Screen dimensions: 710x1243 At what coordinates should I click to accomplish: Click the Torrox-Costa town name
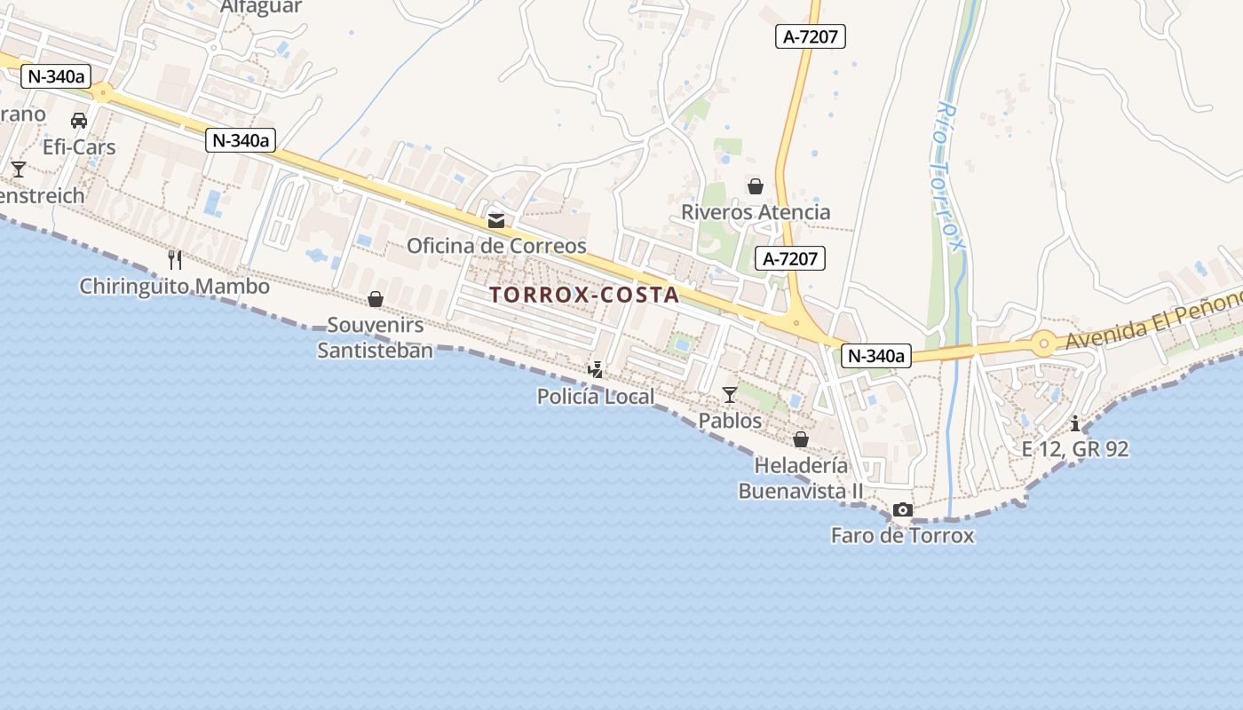(584, 295)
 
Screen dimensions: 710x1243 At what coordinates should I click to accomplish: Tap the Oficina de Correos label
(496, 246)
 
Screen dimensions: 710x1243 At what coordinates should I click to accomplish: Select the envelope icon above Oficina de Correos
(496, 221)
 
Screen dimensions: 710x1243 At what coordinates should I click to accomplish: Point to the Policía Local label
(596, 396)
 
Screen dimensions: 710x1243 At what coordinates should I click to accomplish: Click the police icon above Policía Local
(596, 369)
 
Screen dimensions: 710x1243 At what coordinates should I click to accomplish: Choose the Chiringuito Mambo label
(175, 287)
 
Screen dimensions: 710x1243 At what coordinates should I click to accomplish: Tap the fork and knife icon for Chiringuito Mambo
(175, 259)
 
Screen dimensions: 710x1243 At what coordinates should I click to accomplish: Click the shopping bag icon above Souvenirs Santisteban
(376, 299)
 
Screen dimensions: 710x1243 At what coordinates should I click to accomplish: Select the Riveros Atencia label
(756, 212)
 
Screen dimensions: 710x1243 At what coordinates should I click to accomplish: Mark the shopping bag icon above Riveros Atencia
(756, 186)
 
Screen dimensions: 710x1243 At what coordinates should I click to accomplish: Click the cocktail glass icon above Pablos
(730, 394)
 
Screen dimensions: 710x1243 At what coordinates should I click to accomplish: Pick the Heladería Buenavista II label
(801, 477)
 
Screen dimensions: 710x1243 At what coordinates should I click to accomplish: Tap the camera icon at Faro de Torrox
(903, 509)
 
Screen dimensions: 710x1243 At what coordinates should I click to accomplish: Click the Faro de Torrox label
(903, 535)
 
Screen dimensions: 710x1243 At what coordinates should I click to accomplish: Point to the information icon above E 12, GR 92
(1075, 423)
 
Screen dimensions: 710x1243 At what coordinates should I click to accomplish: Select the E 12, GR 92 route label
(1075, 449)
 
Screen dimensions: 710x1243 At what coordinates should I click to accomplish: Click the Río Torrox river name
(948, 176)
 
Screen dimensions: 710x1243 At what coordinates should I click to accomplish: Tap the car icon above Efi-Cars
(79, 121)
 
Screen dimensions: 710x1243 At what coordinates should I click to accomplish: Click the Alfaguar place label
(261, 7)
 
